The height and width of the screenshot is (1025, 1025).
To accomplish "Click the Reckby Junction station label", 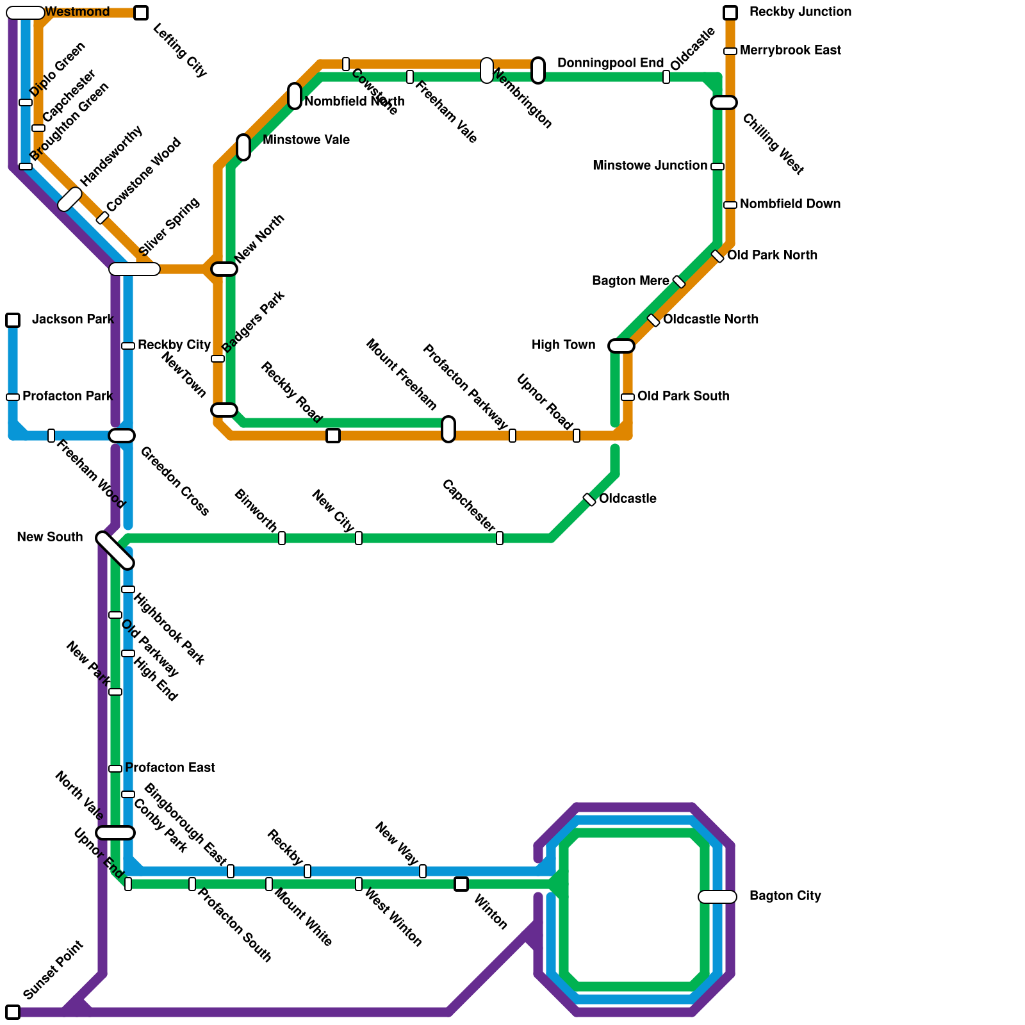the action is pos(800,12).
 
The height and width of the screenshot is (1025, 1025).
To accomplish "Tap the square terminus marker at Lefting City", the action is pos(141,13).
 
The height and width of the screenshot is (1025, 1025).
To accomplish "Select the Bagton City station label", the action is pos(785,896).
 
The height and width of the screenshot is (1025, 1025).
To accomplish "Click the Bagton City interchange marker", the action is pos(717,897).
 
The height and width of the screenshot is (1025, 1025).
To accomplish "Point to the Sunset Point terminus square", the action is pos(13,1012).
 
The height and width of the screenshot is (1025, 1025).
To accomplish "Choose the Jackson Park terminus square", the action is pos(13,320).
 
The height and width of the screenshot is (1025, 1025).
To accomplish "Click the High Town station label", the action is pos(563,345).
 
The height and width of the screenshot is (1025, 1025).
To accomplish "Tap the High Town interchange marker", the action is pos(621,346).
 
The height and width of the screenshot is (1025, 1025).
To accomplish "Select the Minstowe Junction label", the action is pos(650,166).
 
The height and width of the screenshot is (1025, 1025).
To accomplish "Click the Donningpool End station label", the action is pos(610,63).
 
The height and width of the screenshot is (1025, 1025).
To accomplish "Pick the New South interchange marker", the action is pos(115,550).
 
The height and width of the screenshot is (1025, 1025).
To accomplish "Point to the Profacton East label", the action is pos(170,767).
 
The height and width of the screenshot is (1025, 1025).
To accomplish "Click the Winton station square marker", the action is pos(461,884).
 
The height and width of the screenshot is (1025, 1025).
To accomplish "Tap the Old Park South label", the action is pos(683,397).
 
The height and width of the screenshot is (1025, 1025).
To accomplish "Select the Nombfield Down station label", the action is pos(790,204).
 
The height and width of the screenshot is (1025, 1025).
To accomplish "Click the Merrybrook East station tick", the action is pos(730,51).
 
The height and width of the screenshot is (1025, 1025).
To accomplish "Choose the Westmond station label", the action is pos(78,12).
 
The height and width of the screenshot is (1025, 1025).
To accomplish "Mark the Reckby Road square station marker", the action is pos(333,436).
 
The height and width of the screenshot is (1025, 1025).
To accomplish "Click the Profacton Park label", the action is pos(67,397).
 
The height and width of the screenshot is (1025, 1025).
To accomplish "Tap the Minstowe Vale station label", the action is pos(306,140).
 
